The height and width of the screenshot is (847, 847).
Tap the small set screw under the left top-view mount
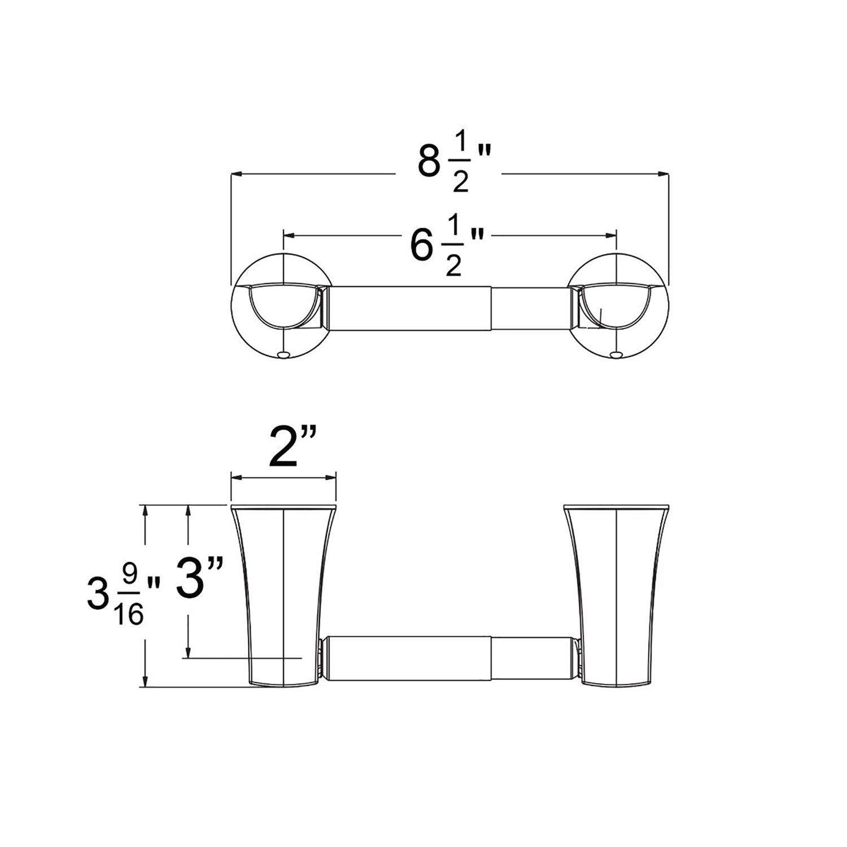(x=283, y=355)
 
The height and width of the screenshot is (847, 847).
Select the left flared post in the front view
(x=282, y=593)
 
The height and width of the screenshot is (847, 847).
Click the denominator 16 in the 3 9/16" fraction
(x=129, y=614)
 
